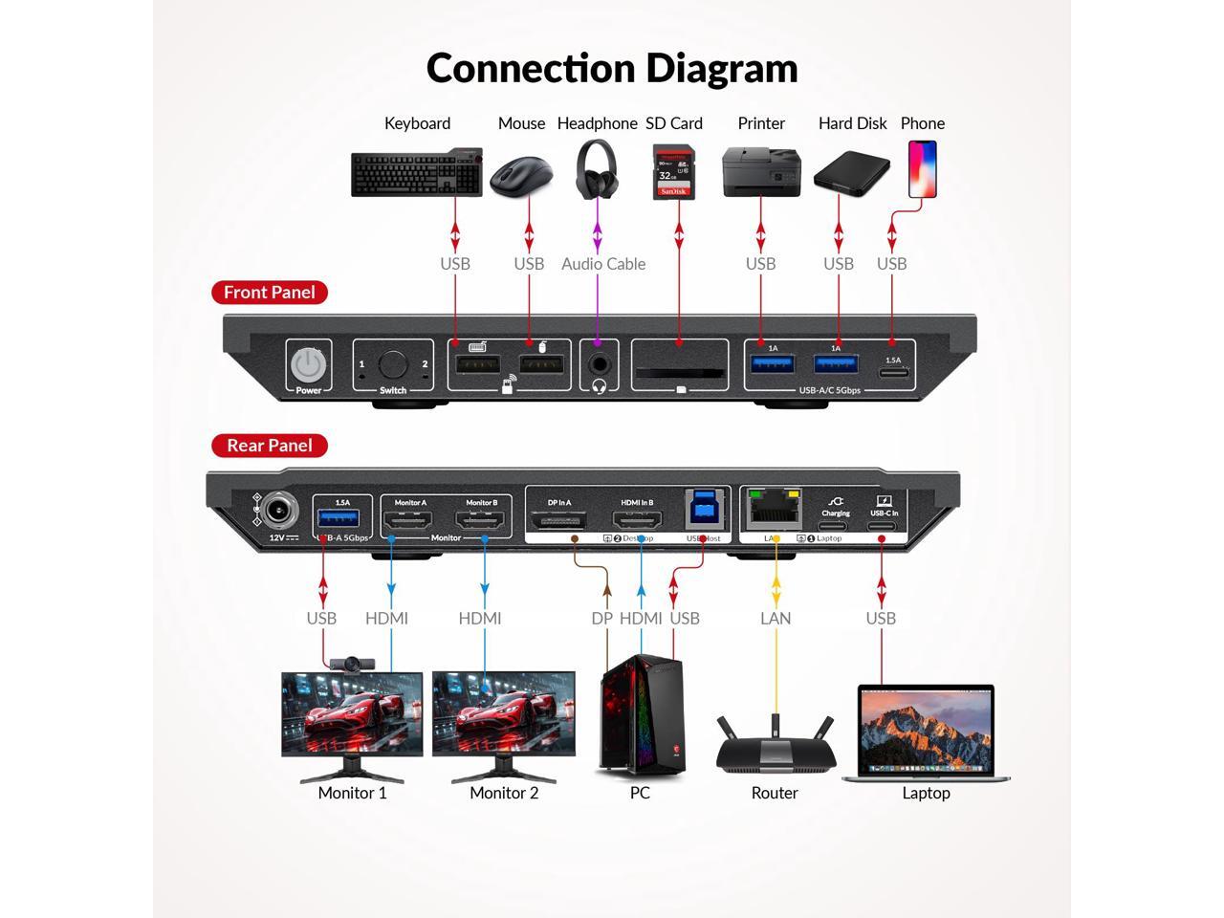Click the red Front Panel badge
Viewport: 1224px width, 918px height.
270,293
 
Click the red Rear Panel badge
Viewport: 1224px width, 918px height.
270,446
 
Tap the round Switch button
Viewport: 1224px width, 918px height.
392,364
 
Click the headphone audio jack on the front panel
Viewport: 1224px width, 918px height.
600,364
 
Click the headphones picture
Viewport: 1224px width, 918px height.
597,169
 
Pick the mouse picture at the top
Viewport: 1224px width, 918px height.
520,176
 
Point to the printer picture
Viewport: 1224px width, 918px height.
761,172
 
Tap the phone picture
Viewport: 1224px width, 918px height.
922,169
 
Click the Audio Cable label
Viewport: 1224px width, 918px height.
603,264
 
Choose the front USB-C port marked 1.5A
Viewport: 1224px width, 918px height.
892,372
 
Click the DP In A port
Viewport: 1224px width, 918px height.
559,521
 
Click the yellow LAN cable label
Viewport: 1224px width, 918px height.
776,618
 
